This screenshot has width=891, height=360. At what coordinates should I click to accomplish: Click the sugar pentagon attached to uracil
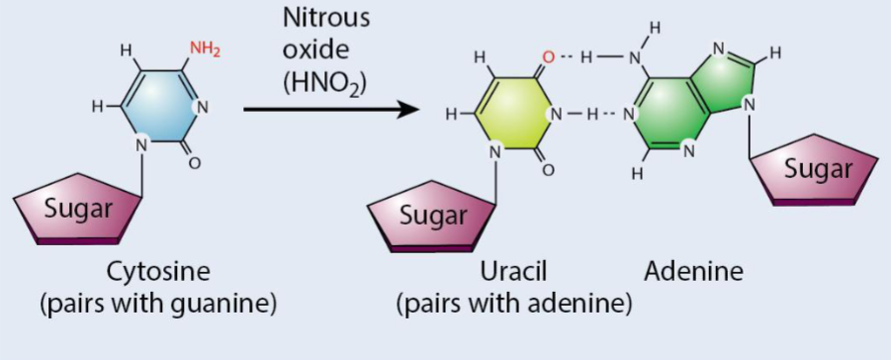point(434,213)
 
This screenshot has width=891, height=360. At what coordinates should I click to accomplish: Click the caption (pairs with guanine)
point(158,303)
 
